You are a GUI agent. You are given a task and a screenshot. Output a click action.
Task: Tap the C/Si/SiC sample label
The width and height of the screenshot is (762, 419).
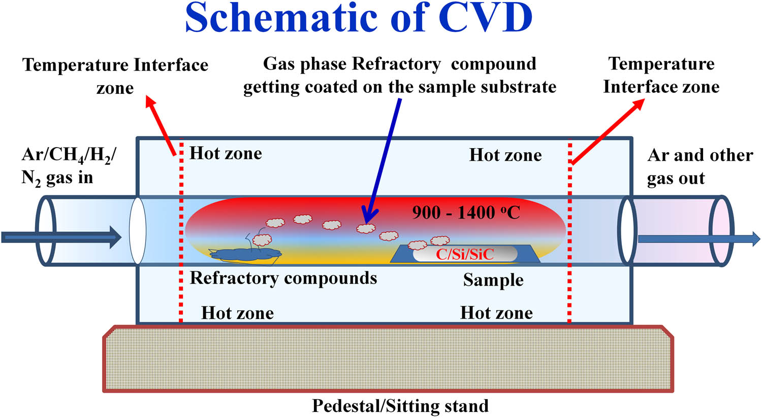click(x=465, y=254)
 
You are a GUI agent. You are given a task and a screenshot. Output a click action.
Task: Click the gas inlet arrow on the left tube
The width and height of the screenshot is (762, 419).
click(x=61, y=237)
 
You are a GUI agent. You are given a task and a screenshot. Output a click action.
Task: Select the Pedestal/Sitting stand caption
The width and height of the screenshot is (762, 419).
click(x=400, y=406)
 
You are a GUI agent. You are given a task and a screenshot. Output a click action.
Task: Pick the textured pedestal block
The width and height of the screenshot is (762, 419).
click(x=388, y=359)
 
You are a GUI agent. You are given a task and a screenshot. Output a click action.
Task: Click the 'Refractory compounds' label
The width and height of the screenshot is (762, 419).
click(x=283, y=278)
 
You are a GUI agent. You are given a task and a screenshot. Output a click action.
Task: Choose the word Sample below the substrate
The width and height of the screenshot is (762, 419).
click(x=493, y=280)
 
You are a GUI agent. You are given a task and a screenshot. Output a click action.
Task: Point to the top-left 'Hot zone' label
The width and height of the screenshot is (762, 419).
click(x=226, y=153)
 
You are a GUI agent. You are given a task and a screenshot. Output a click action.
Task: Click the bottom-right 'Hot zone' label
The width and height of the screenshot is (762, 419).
click(x=496, y=313)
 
